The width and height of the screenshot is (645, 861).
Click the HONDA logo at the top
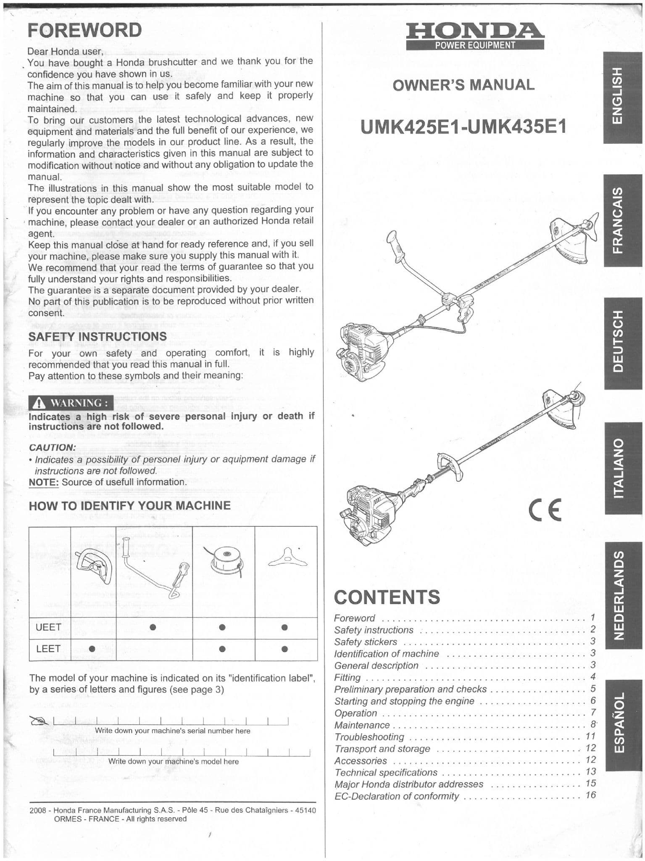(x=475, y=32)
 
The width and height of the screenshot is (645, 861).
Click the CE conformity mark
(x=545, y=511)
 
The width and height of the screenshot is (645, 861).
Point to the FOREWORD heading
(x=84, y=31)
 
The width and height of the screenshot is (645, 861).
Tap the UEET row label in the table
(x=49, y=627)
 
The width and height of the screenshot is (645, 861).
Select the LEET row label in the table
(x=48, y=649)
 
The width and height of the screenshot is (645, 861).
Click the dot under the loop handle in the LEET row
(x=92, y=649)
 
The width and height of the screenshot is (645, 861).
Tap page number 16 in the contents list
(x=590, y=795)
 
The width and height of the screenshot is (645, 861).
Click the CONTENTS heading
(x=387, y=597)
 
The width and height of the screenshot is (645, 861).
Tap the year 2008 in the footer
(x=37, y=810)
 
